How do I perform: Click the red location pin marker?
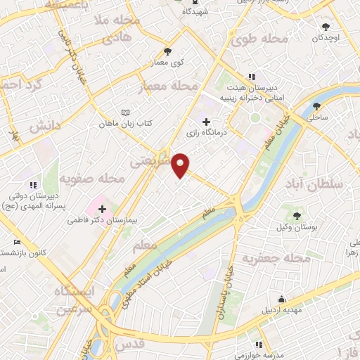point(181,164)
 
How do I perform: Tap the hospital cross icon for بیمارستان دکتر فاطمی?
point(103,209)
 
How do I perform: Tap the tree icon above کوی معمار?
point(167,51)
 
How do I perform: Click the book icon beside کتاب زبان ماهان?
point(126,112)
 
